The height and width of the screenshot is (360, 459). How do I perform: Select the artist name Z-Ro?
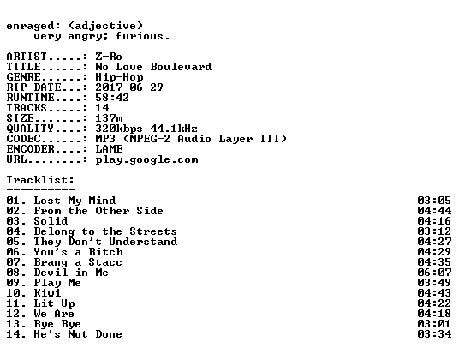pyautogui.click(x=109, y=57)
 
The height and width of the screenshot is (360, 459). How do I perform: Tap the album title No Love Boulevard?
pyautogui.click(x=153, y=67)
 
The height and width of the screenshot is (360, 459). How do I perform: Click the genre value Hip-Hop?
pyautogui.click(x=119, y=77)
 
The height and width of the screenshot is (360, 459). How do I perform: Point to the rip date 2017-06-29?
pyautogui.click(x=129, y=87)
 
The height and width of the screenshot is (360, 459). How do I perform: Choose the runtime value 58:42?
pyautogui.click(x=112, y=97)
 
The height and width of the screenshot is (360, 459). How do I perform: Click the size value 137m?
pyautogui.click(x=109, y=117)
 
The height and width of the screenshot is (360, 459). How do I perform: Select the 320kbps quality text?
pyautogui.click(x=119, y=129)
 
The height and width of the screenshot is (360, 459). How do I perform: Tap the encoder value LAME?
pyautogui.click(x=109, y=149)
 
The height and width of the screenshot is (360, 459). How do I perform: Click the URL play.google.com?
pyautogui.click(x=146, y=160)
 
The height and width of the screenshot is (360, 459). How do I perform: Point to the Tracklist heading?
pyautogui.click(x=40, y=179)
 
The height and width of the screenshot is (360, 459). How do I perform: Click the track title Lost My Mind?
pyautogui.click(x=75, y=201)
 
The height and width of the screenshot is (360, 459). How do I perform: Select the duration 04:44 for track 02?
pyautogui.click(x=434, y=211)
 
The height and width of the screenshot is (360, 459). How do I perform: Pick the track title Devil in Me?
pyautogui.click(x=71, y=273)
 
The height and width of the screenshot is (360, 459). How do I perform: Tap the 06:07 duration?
pyautogui.click(x=434, y=273)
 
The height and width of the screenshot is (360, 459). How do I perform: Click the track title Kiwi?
pyautogui.click(x=47, y=293)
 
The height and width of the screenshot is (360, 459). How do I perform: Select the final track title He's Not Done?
pyautogui.click(x=78, y=334)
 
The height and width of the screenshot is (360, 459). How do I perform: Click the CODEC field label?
pyautogui.click(x=23, y=139)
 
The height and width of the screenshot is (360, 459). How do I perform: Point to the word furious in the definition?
pyautogui.click(x=140, y=36)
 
